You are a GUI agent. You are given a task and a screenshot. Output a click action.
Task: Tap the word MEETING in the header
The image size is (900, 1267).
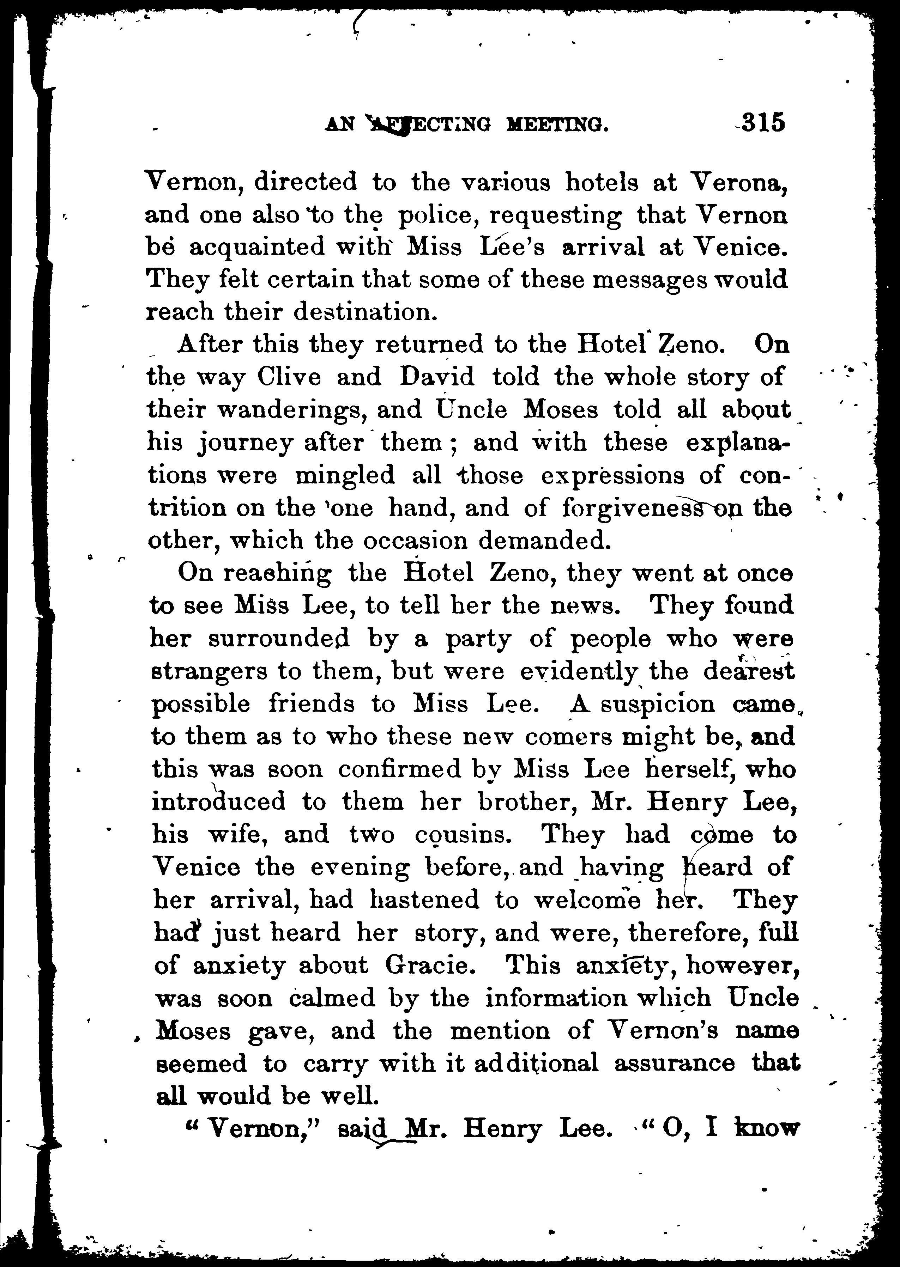557,125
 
